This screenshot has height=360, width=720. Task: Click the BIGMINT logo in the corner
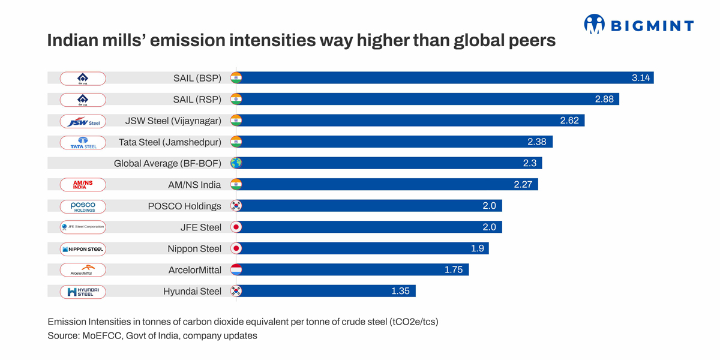pyautogui.click(x=638, y=25)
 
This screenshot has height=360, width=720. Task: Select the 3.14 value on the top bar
pyautogui.click(x=641, y=78)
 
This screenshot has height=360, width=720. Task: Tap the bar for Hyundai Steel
pyautogui.click(x=324, y=292)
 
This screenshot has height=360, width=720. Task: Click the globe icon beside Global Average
pyautogui.click(x=236, y=163)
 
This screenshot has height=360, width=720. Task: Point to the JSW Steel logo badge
pyautogui.click(x=83, y=121)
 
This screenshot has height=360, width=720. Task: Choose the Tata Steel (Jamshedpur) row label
pyautogui.click(x=170, y=142)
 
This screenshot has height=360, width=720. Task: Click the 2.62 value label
pyautogui.click(x=569, y=121)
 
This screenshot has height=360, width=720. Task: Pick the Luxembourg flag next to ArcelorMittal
pyautogui.click(x=236, y=270)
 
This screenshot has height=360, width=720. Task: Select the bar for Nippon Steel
pyautogui.click(x=360, y=248)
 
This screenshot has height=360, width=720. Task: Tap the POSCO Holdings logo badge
pyautogui.click(x=83, y=206)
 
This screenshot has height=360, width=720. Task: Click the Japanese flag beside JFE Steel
pyautogui.click(x=236, y=227)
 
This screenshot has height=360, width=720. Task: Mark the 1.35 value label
pyautogui.click(x=400, y=292)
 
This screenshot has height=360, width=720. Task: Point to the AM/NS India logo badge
pyautogui.click(x=83, y=185)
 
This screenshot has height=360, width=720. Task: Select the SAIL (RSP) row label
pyautogui.click(x=197, y=100)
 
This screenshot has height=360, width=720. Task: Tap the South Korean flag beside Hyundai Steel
pyautogui.click(x=236, y=292)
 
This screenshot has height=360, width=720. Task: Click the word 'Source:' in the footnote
pyautogui.click(x=63, y=336)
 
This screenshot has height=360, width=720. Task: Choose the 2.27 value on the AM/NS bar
pyautogui.click(x=523, y=185)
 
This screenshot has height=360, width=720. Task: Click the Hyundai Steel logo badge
pyautogui.click(x=83, y=292)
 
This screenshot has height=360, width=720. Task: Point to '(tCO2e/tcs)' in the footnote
pyautogui.click(x=413, y=322)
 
